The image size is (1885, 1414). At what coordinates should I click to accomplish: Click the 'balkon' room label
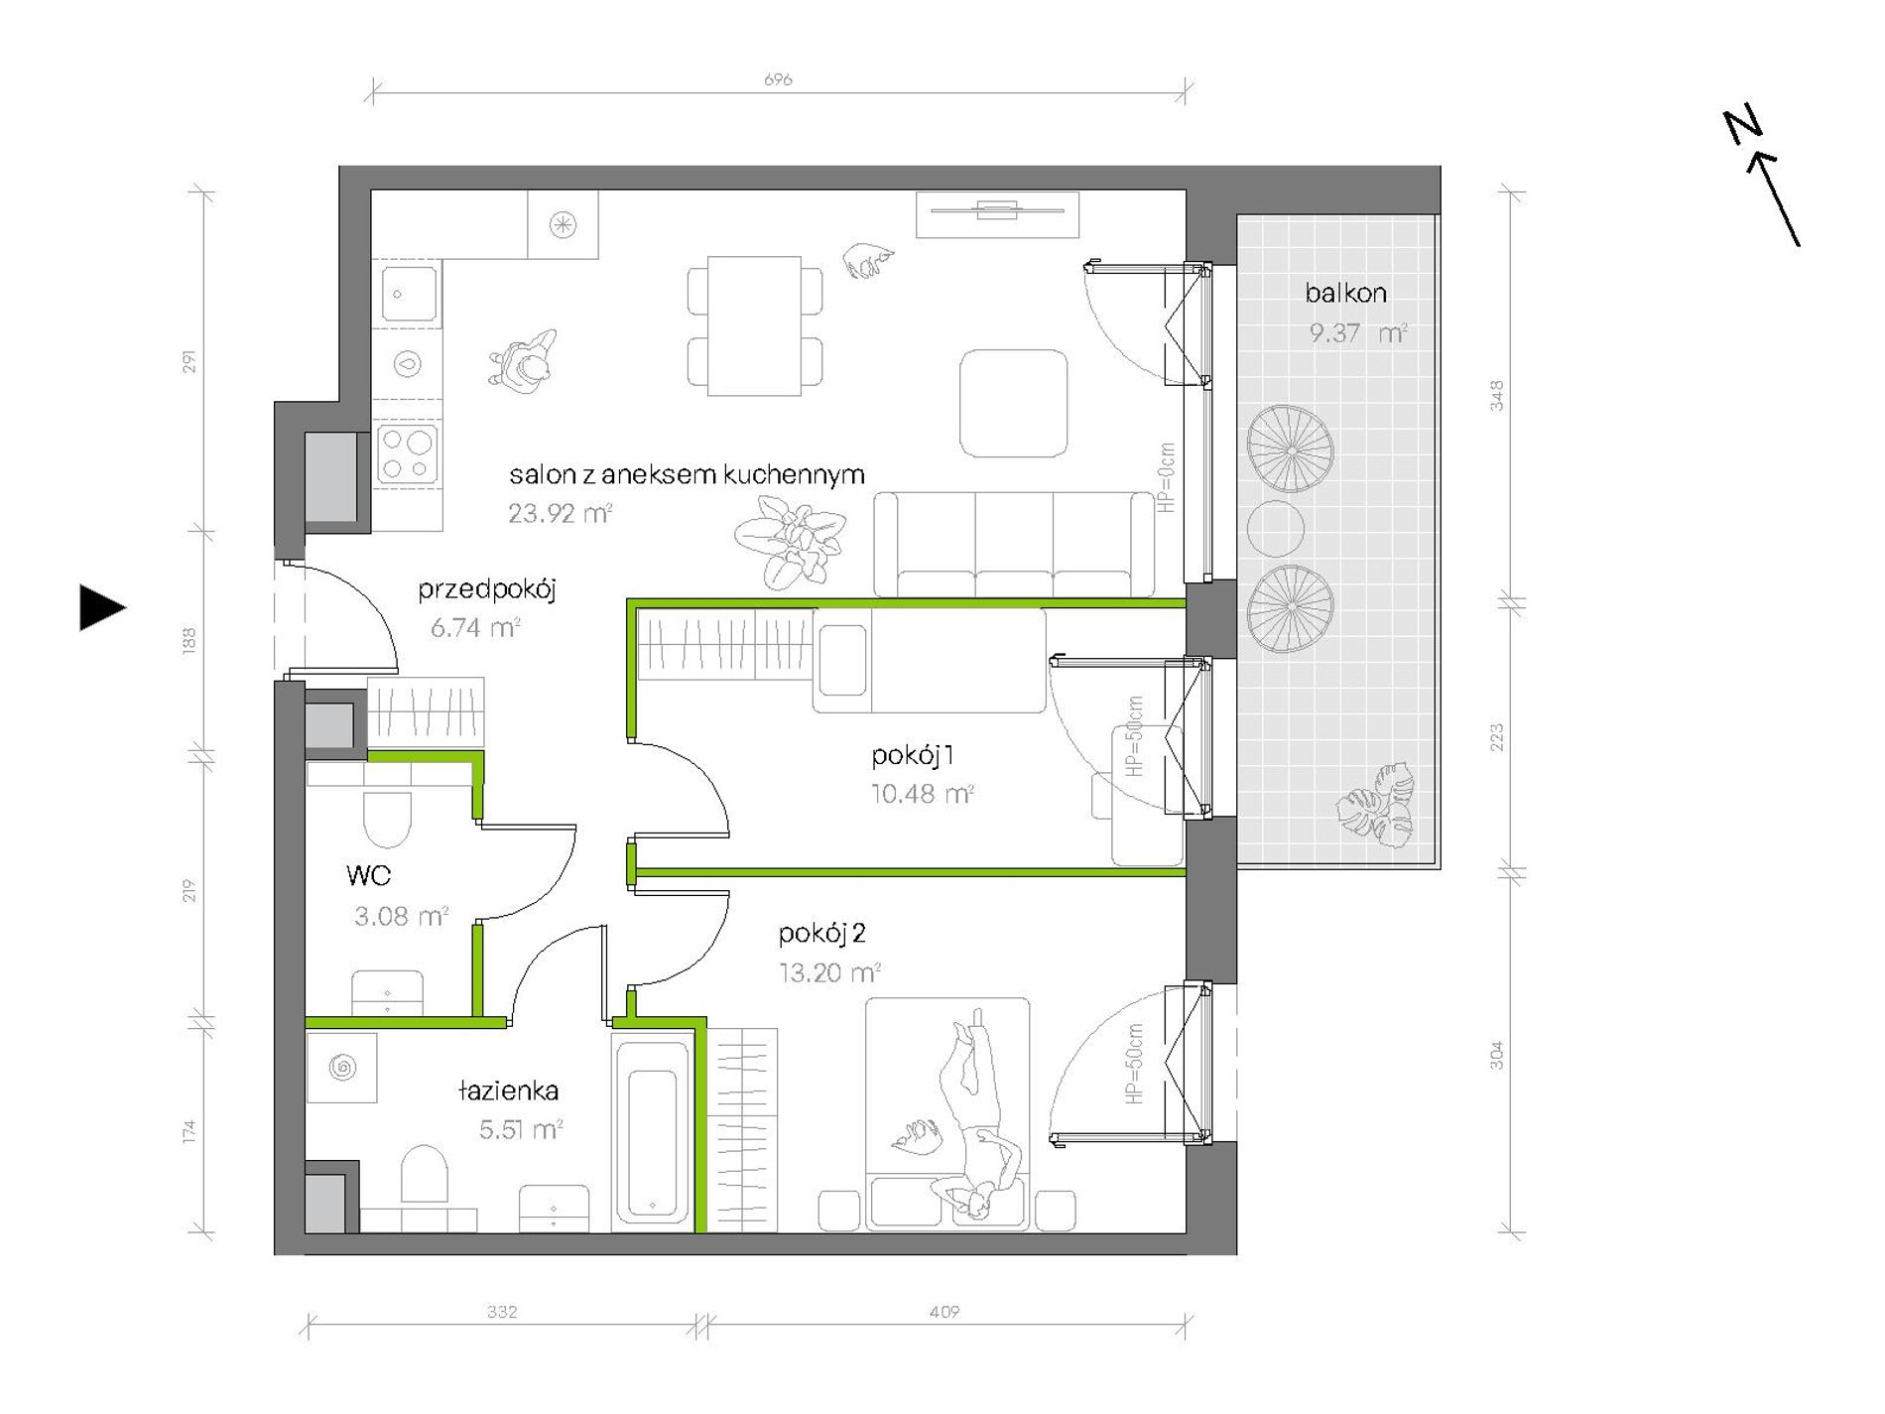pyautogui.click(x=1345, y=293)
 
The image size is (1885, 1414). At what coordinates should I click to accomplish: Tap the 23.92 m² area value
pyautogui.click(x=560, y=513)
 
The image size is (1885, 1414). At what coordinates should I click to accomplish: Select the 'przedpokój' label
pyautogui.click(x=486, y=589)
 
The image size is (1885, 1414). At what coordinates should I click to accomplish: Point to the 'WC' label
pyautogui.click(x=368, y=875)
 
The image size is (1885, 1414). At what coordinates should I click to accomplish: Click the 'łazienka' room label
pyautogui.click(x=509, y=1091)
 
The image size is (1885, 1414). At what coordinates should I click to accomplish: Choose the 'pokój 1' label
pyautogui.click(x=913, y=756)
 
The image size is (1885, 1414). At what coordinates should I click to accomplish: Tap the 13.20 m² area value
pyautogui.click(x=830, y=972)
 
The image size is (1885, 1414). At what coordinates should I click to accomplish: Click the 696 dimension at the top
pyautogui.click(x=778, y=79)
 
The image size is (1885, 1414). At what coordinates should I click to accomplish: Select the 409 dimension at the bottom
pyautogui.click(x=944, y=1312)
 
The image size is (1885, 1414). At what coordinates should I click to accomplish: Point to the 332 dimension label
pyautogui.click(x=502, y=1312)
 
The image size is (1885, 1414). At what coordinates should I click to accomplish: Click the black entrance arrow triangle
pyautogui.click(x=102, y=607)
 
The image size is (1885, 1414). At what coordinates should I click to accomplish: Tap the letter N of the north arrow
pyautogui.click(x=1742, y=126)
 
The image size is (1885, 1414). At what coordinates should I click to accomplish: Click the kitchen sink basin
pyautogui.click(x=408, y=294)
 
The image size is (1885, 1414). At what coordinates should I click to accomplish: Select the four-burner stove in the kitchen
pyautogui.click(x=407, y=454)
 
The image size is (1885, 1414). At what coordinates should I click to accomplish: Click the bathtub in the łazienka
pyautogui.click(x=652, y=1131)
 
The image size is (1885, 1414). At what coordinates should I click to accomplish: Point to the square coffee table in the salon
pyautogui.click(x=1013, y=403)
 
